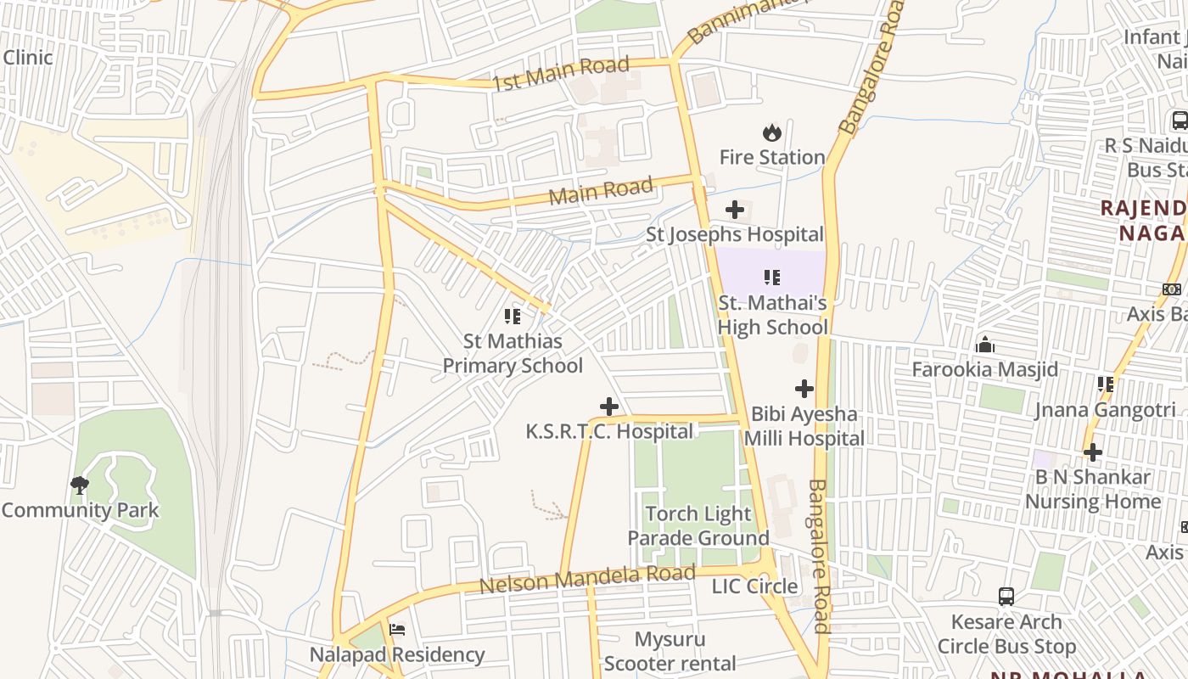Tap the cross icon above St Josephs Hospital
[x=735, y=210]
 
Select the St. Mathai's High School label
[x=772, y=315]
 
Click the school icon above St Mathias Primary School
[x=513, y=317]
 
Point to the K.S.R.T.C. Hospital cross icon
[x=608, y=407]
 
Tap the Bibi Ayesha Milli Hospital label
[x=804, y=426]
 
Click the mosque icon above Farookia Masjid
[x=985, y=345]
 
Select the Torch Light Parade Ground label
[x=698, y=525]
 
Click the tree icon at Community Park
[x=80, y=485]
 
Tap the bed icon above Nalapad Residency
[x=396, y=630]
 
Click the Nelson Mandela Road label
[x=587, y=580]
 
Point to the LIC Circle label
[x=754, y=586]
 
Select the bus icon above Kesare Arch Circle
[x=1006, y=597]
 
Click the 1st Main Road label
[x=561, y=73]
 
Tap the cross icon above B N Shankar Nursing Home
[x=1092, y=452]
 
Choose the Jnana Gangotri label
[x=1104, y=410]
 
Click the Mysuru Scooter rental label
[x=670, y=651]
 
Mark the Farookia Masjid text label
[x=984, y=369]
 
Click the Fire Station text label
[x=771, y=157]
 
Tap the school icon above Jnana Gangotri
[x=1105, y=384]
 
